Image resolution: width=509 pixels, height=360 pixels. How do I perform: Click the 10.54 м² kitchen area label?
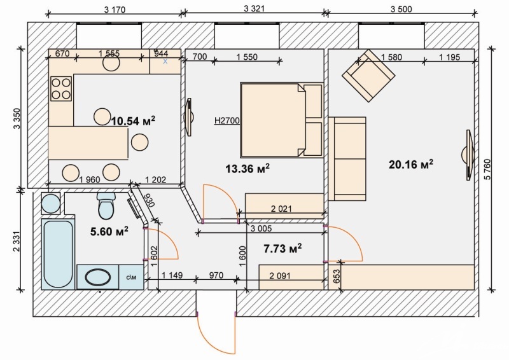133,121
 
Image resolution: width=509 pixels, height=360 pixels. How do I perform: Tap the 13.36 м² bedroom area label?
248,169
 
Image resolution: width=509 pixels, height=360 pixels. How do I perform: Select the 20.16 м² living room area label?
411,164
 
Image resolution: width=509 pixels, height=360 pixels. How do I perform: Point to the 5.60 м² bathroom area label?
109,232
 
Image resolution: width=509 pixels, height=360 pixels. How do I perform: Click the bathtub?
58,254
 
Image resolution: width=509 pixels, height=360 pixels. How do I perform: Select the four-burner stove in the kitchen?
61,88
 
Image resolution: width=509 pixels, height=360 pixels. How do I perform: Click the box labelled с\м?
131,277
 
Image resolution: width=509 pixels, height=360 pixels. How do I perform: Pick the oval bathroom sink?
98,277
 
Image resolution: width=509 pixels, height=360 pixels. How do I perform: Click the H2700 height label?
227,121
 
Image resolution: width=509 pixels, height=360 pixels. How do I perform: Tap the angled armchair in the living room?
368,76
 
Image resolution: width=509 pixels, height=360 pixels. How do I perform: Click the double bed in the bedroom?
281,120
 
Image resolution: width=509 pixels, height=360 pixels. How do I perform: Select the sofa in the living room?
347,159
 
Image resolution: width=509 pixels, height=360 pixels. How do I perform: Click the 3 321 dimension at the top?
254,9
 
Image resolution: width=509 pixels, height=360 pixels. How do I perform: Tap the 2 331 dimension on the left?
17,241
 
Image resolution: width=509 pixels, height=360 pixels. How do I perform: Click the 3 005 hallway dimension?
261,228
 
